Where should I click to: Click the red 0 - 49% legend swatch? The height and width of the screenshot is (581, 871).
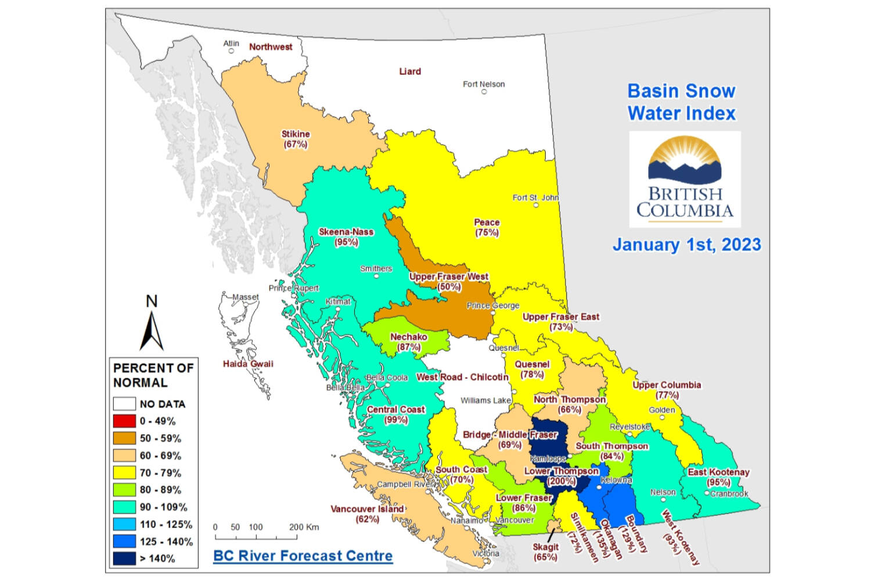coord(124,421)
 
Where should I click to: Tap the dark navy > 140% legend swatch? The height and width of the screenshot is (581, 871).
coord(124,558)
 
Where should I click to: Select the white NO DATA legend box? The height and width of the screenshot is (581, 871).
coord(124,404)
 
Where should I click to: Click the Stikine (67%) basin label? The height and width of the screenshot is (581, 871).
coord(296,139)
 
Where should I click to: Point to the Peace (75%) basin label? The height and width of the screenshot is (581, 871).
coord(487,227)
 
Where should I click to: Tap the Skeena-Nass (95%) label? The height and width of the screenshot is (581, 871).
coord(346,236)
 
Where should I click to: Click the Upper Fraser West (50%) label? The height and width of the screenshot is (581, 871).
coord(449,282)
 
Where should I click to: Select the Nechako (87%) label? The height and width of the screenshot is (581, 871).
coord(409,342)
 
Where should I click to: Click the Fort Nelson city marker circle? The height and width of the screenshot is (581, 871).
coord(484,92)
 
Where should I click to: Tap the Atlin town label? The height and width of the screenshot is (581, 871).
coord(231,44)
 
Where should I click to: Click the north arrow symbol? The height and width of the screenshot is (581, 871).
coord(152,328)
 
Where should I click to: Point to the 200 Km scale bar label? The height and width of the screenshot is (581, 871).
coord(304,527)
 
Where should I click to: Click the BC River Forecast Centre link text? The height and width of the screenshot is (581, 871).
coord(303,555)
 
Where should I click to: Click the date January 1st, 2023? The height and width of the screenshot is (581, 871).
coord(687,245)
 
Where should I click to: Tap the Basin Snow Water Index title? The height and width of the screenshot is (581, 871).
coord(682,102)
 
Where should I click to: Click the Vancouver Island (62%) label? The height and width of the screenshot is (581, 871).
coord(367,514)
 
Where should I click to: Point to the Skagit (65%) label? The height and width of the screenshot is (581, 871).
coord(545,551)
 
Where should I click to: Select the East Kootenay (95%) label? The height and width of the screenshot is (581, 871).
coord(719,477)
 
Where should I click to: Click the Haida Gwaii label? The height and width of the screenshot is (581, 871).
coord(248,364)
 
